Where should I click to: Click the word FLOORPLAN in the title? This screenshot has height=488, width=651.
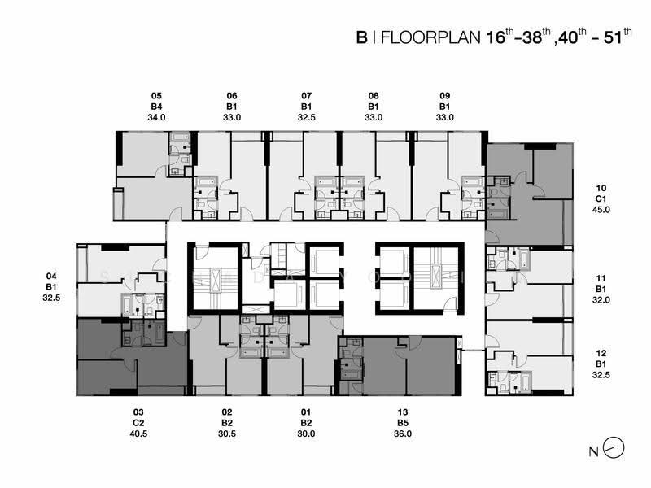click(x=430, y=37)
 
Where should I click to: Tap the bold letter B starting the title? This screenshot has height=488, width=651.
click(x=361, y=37)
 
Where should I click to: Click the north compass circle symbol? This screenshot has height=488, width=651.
click(x=614, y=448)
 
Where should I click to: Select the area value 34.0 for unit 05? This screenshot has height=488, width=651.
click(x=156, y=117)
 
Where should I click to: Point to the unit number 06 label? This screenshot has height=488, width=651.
click(x=232, y=96)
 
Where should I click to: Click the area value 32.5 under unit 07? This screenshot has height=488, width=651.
click(x=307, y=117)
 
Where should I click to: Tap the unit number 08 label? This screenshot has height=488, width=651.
click(x=374, y=96)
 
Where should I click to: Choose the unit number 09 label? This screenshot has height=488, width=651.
click(x=444, y=96)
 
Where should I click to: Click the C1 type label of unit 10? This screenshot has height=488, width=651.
click(x=601, y=198)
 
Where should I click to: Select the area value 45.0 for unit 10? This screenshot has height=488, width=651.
click(x=601, y=210)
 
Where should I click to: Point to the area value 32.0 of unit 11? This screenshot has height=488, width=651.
click(x=601, y=299)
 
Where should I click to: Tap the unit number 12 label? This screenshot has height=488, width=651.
click(x=601, y=353)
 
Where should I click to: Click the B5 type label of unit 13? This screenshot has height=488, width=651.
click(x=403, y=423)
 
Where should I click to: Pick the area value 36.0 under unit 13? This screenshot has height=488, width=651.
click(x=403, y=434)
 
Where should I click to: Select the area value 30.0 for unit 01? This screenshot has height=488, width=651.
click(x=306, y=434)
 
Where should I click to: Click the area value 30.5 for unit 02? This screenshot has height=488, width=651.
click(x=227, y=434)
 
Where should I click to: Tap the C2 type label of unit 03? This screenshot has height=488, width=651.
click(x=138, y=423)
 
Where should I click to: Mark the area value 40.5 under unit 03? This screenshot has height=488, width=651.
click(x=138, y=434)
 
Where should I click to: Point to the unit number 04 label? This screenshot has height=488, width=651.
click(x=51, y=276)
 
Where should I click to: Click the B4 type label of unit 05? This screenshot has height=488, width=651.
click(x=156, y=107)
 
